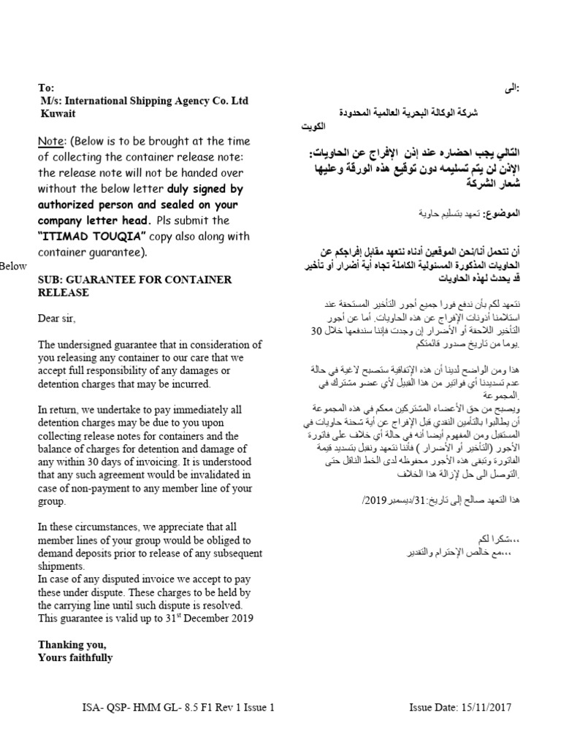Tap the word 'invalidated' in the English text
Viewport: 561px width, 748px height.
[x=213, y=476]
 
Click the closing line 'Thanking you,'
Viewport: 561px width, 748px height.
[x=72, y=644]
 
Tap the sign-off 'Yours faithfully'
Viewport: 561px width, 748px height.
[x=75, y=657]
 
